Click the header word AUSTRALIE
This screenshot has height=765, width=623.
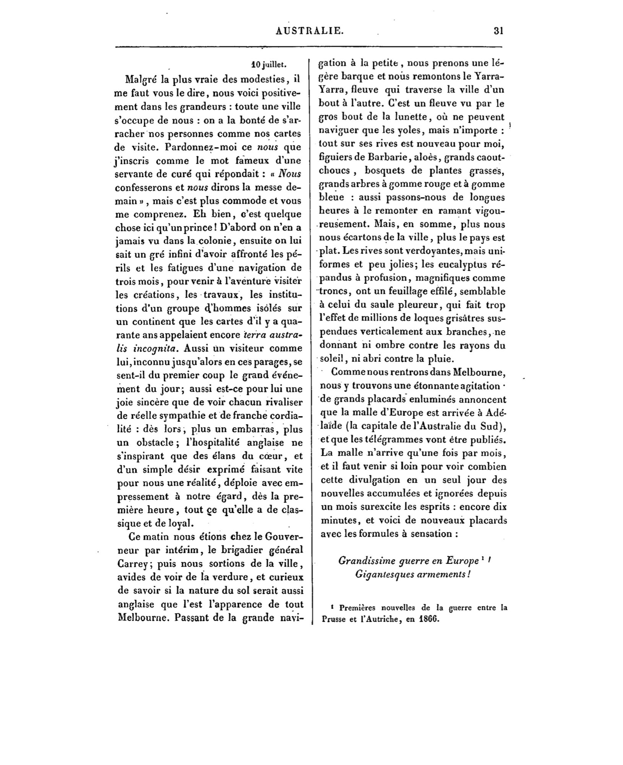pyautogui.click(x=310, y=31)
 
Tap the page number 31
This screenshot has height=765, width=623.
pyautogui.click(x=498, y=31)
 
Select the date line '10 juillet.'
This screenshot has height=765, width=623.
pyautogui.click(x=269, y=65)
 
